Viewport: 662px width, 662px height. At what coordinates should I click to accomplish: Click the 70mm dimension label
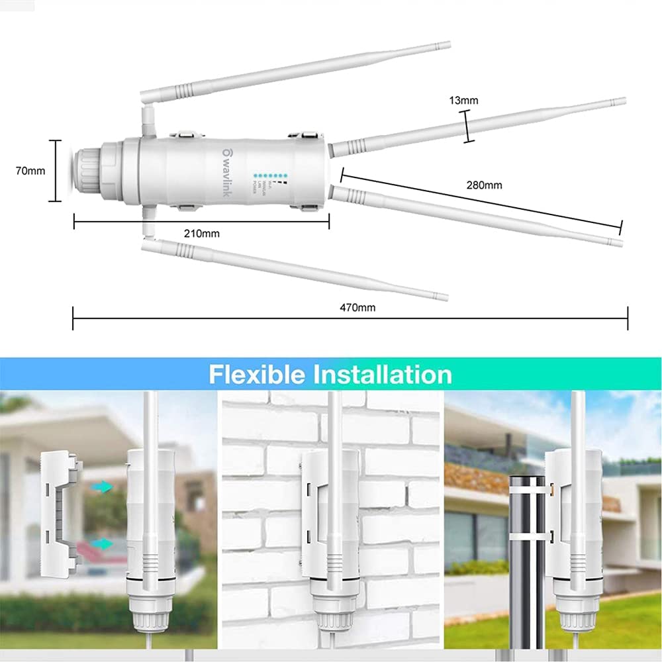pyautogui.click(x=30, y=171)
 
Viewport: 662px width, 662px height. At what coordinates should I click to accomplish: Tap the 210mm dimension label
pyautogui.click(x=202, y=233)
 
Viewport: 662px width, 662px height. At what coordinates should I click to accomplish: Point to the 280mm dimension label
pyautogui.click(x=484, y=185)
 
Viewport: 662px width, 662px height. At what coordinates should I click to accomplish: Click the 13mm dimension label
pyautogui.click(x=463, y=101)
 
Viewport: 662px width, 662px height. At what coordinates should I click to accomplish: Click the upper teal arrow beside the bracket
pyautogui.click(x=102, y=487)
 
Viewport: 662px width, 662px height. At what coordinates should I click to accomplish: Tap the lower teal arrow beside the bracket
pyautogui.click(x=102, y=544)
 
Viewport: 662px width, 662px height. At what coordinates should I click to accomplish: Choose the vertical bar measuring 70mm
pyautogui.click(x=58, y=170)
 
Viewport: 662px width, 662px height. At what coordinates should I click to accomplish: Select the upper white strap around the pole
pyautogui.click(x=530, y=486)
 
